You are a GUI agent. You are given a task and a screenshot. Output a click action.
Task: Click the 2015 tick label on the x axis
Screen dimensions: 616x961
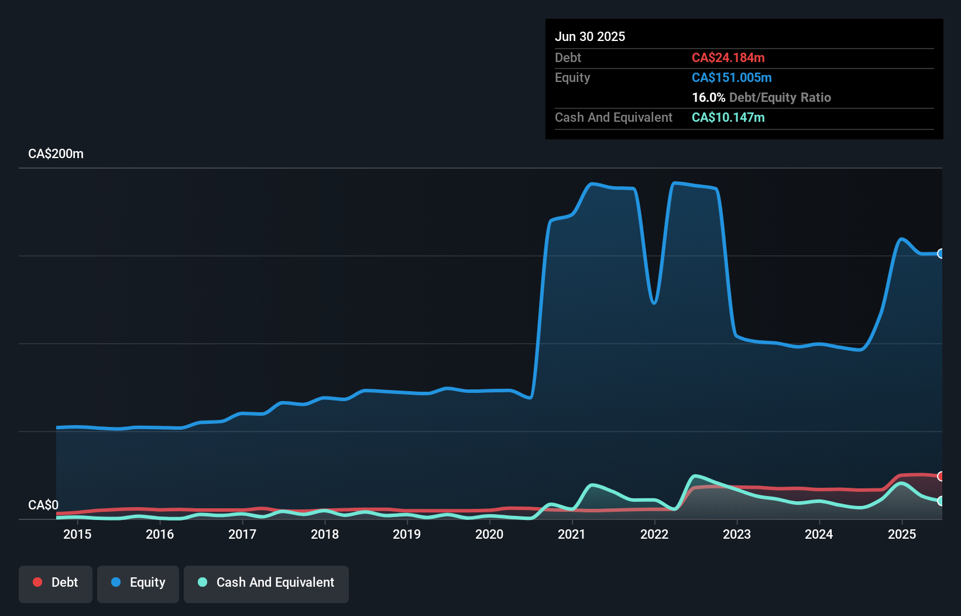[x=77, y=534]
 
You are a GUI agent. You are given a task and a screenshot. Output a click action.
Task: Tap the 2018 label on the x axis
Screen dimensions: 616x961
[x=325, y=534]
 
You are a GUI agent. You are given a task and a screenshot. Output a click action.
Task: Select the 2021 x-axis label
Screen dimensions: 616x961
[x=572, y=534]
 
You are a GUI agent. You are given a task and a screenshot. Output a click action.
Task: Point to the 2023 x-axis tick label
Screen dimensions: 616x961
[x=737, y=534]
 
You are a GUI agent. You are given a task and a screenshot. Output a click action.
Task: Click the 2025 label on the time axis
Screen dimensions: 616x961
[x=902, y=534]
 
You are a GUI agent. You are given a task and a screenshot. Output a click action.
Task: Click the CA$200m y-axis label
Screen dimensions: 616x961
[x=56, y=153]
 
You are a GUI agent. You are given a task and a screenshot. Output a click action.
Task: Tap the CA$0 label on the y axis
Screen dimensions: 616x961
[x=43, y=505]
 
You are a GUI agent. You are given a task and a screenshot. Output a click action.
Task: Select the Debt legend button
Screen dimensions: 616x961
[x=56, y=583]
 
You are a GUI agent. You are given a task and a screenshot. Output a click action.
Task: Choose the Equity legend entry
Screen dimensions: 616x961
[x=138, y=583]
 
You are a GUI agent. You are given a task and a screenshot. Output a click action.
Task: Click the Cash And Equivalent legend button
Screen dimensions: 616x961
[x=266, y=583]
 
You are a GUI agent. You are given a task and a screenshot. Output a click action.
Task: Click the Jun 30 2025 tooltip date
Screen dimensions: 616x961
[x=590, y=36]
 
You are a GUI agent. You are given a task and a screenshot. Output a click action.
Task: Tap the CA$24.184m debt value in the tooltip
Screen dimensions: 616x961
[x=728, y=57]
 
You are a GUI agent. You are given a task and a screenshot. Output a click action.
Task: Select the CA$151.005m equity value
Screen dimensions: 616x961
[x=732, y=77]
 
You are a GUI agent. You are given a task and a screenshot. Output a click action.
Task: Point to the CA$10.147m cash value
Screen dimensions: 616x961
[x=728, y=117]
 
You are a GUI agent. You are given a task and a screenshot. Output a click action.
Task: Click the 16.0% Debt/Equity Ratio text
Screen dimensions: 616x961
[x=761, y=97]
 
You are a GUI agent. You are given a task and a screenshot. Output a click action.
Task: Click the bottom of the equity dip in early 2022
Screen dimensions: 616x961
[x=654, y=303]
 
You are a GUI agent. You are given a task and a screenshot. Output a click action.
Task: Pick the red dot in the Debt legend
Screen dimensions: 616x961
[x=37, y=582]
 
